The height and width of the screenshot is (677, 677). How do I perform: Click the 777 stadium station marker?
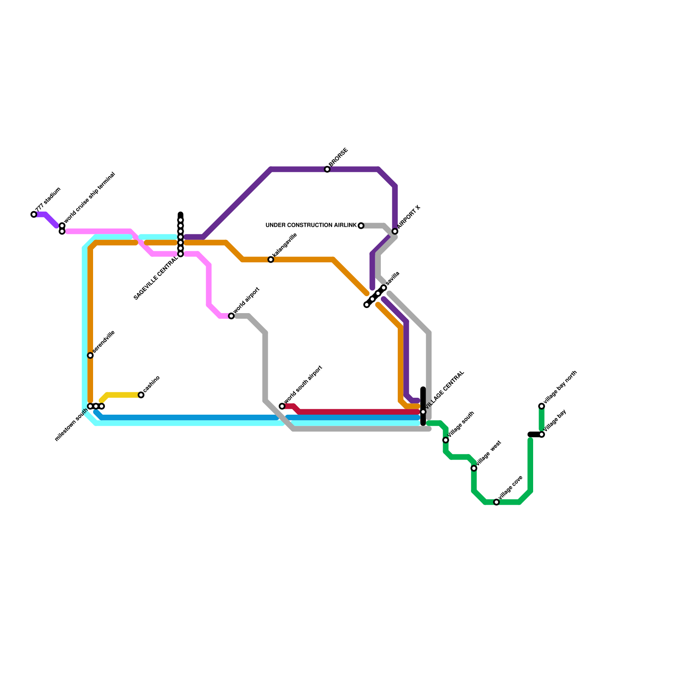(34, 215)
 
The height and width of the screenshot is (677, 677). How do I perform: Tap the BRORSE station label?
(338, 157)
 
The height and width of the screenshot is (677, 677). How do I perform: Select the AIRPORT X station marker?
(395, 231)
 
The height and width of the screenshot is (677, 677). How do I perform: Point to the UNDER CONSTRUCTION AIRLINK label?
(311, 225)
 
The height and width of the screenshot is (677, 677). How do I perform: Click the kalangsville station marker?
(271, 259)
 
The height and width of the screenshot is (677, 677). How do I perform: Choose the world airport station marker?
(231, 316)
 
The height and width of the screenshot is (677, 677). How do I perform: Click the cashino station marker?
(141, 395)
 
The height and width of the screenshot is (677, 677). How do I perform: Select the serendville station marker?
(90, 355)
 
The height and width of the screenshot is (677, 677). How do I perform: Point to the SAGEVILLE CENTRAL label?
(156, 279)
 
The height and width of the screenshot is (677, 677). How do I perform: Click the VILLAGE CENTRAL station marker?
(423, 412)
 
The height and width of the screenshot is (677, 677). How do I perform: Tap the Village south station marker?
(446, 440)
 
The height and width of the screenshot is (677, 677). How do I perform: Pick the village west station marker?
(474, 468)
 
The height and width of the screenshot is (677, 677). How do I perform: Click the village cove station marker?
(496, 502)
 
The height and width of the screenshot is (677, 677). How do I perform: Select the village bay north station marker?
(542, 406)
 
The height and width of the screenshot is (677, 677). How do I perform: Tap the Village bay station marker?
(542, 435)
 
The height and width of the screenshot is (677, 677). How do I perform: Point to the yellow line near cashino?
(123, 395)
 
